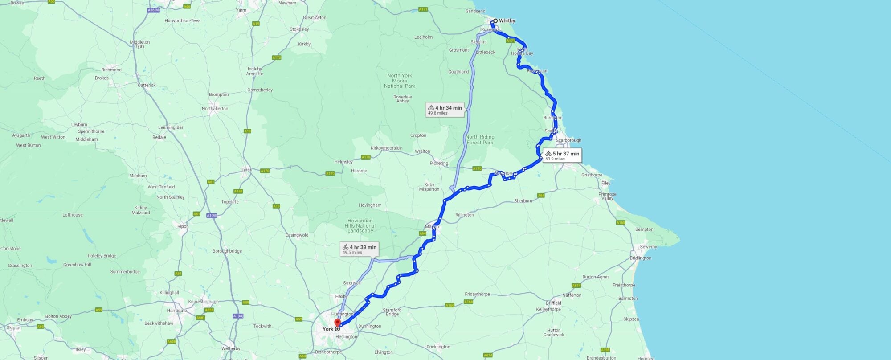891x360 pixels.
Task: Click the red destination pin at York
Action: point(337,323)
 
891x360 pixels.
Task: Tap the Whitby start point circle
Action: point(495,21)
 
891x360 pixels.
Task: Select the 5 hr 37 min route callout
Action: point(562,155)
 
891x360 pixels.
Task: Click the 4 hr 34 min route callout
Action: point(445,110)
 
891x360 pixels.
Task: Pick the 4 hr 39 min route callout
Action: point(359,249)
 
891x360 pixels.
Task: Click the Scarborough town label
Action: point(568,140)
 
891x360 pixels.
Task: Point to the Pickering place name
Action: point(439,163)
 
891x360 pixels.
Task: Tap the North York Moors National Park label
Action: point(400,81)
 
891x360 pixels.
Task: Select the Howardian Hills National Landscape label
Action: point(360,225)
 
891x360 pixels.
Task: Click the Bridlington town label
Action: point(640,258)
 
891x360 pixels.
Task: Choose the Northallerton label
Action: point(215,109)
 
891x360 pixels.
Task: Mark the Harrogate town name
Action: point(177,311)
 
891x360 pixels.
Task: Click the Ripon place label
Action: point(183,226)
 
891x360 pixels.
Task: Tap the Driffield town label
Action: point(553,303)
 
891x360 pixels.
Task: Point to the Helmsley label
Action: point(343,162)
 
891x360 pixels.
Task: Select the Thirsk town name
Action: point(245,170)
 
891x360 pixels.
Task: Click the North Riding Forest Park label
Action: point(480,139)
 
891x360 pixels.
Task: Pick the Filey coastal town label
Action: point(606,183)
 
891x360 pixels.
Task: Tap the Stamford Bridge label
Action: point(392,312)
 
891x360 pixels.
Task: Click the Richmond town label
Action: point(111,70)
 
